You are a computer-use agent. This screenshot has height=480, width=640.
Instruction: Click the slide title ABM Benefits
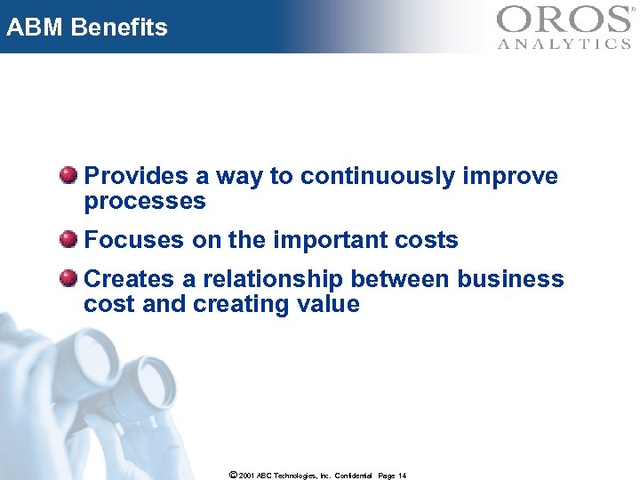point(86,28)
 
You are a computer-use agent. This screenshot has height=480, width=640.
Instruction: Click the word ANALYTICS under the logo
point(564,44)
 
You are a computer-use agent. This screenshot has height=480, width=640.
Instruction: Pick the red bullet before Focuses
point(68,239)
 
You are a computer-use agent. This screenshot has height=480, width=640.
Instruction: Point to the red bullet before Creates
point(68,278)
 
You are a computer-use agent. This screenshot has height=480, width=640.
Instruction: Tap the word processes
point(145,202)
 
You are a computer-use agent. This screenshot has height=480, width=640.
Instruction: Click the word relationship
point(272,280)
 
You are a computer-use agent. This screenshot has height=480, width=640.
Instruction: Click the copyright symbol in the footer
point(232,476)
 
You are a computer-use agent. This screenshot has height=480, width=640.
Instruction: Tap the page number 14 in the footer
point(402,476)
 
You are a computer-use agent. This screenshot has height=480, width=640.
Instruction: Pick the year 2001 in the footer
point(247,476)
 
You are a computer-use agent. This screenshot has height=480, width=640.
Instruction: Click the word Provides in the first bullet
point(136,177)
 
